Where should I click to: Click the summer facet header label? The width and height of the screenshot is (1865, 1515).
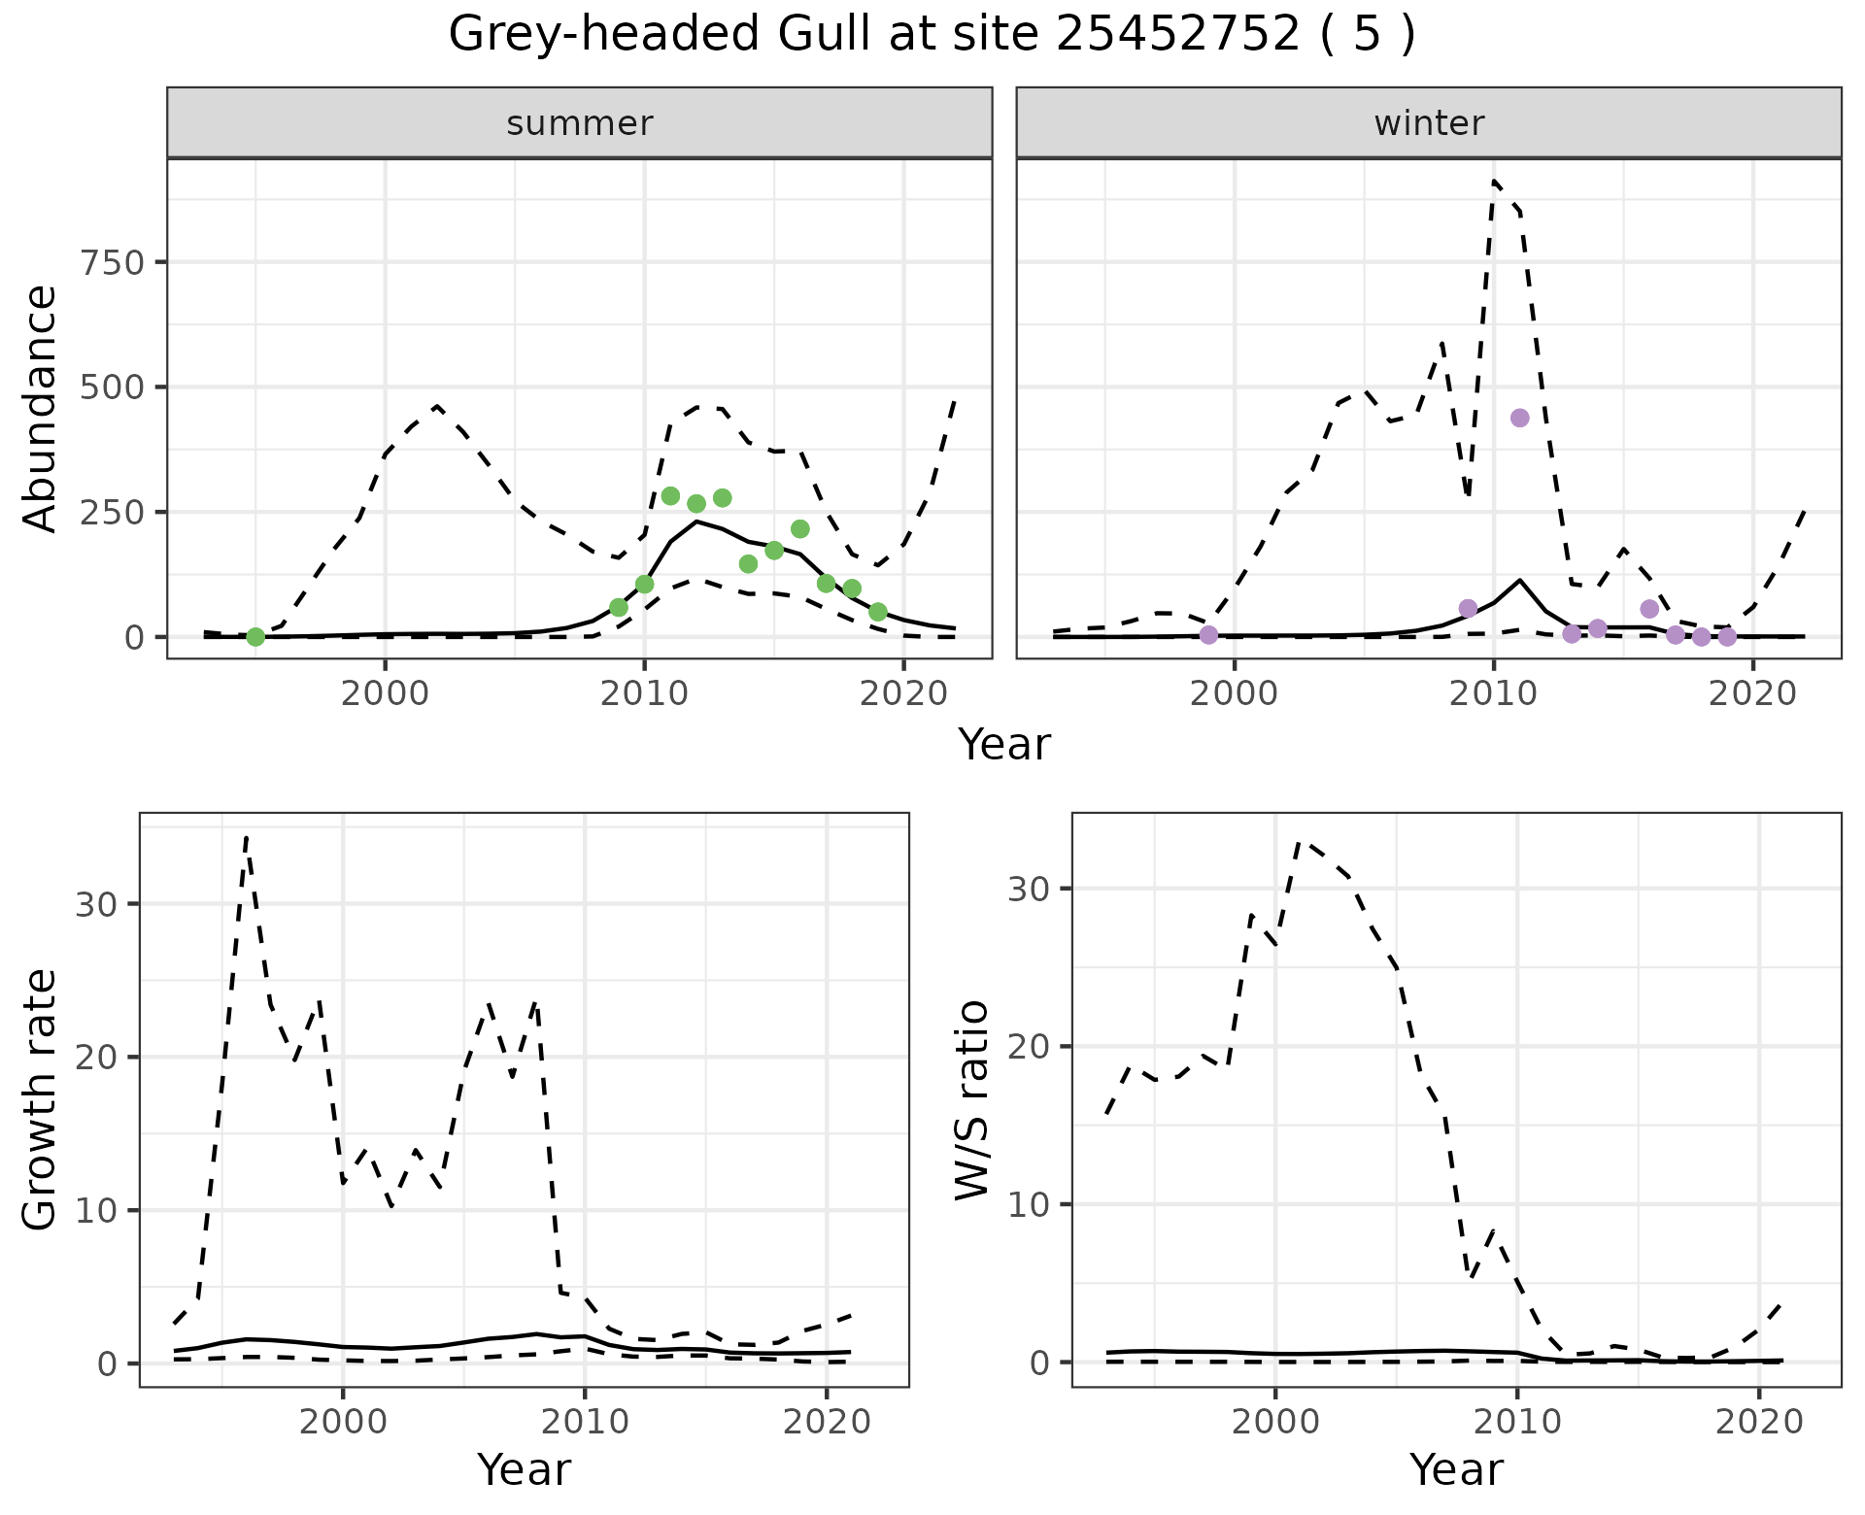tap(579, 123)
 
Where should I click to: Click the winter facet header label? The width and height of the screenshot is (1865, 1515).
tap(1428, 123)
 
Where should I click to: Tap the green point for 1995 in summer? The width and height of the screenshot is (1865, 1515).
tap(255, 636)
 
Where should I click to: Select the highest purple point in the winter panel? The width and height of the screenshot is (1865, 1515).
tap(1520, 418)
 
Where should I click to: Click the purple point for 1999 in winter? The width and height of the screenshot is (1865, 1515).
tap(1208, 634)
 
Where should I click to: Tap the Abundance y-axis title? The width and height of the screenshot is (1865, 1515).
tap(41, 408)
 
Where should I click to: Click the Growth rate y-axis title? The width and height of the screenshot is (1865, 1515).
tap(41, 1099)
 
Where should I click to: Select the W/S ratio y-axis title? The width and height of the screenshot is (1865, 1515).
tap(972, 1099)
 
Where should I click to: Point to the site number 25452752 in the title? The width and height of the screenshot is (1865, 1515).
tap(1177, 35)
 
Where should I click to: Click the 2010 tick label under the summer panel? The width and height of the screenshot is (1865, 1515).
tap(644, 694)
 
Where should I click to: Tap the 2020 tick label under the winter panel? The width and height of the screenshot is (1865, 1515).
tap(1752, 694)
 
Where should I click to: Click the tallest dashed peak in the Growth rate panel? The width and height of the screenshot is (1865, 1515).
tap(247, 836)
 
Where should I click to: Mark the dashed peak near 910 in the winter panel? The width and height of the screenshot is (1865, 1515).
tap(1494, 181)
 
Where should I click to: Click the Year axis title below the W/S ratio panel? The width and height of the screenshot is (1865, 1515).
tap(1456, 1469)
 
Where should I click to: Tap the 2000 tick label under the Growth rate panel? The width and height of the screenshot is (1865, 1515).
tap(343, 1423)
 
